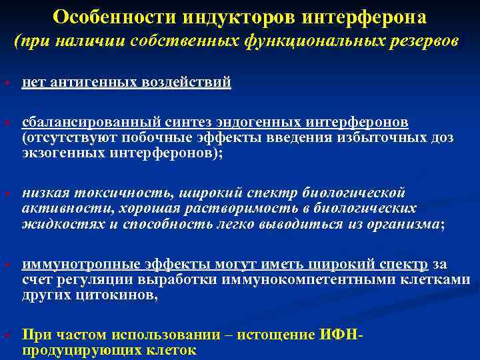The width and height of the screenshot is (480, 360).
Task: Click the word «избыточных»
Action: coord(376,137)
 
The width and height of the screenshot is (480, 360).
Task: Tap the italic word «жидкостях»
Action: coord(55,223)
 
